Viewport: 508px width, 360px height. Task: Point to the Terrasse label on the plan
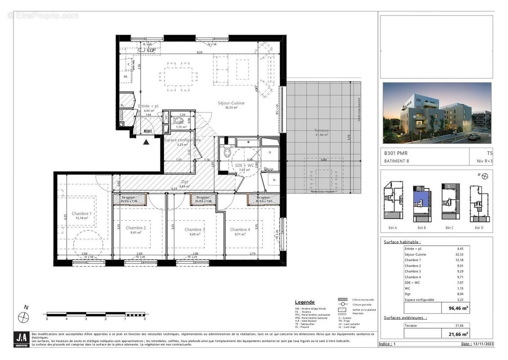pos(321,130)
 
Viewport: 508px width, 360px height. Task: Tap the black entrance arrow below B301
pos(146,142)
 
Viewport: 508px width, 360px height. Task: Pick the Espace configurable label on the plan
pos(182,140)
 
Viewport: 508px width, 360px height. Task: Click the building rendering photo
pos(437,113)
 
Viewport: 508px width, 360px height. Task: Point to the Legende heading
pos(305,302)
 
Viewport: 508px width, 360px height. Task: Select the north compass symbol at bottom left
pos(23,317)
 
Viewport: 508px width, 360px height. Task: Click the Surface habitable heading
pos(402,242)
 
